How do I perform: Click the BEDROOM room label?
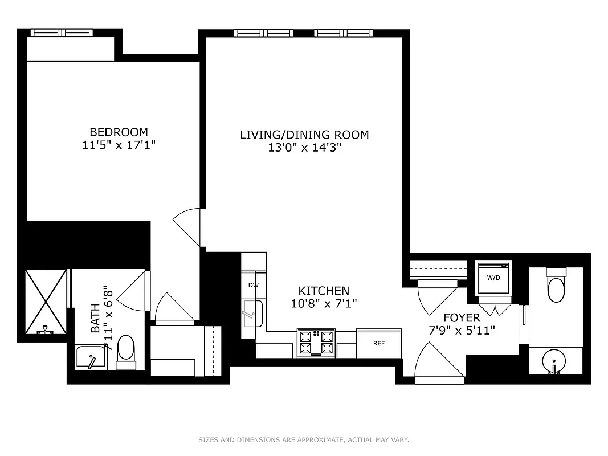(x=119, y=132)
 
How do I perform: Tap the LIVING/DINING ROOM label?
(x=304, y=135)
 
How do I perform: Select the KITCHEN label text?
(x=324, y=290)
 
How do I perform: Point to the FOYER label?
(x=462, y=317)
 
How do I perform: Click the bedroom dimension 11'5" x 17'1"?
(x=119, y=145)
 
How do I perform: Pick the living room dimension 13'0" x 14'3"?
(x=304, y=148)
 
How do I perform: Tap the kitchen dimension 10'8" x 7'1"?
(x=324, y=303)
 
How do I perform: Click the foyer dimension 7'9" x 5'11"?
(x=462, y=330)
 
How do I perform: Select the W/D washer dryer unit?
(x=493, y=278)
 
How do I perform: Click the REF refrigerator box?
(x=379, y=343)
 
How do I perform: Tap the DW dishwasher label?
(x=253, y=285)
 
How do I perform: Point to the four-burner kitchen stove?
(x=316, y=343)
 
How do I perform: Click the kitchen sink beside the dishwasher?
(x=253, y=313)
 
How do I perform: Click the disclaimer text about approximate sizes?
(x=304, y=439)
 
